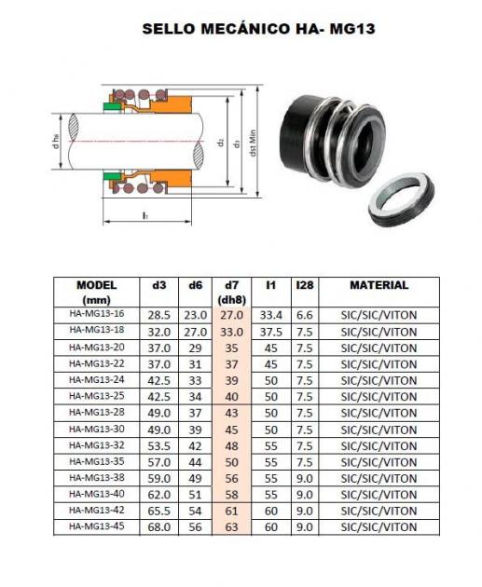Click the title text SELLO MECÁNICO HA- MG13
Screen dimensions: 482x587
258,29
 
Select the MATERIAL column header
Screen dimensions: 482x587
379,285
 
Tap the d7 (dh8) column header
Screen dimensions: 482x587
231,293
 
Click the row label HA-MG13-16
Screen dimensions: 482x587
97,314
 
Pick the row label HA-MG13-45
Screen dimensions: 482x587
97,526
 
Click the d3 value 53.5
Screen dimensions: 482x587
159,446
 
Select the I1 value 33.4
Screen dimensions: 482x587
270,315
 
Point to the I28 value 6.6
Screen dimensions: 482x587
305,315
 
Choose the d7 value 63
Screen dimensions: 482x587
232,527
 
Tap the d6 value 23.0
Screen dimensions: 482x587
195,315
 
